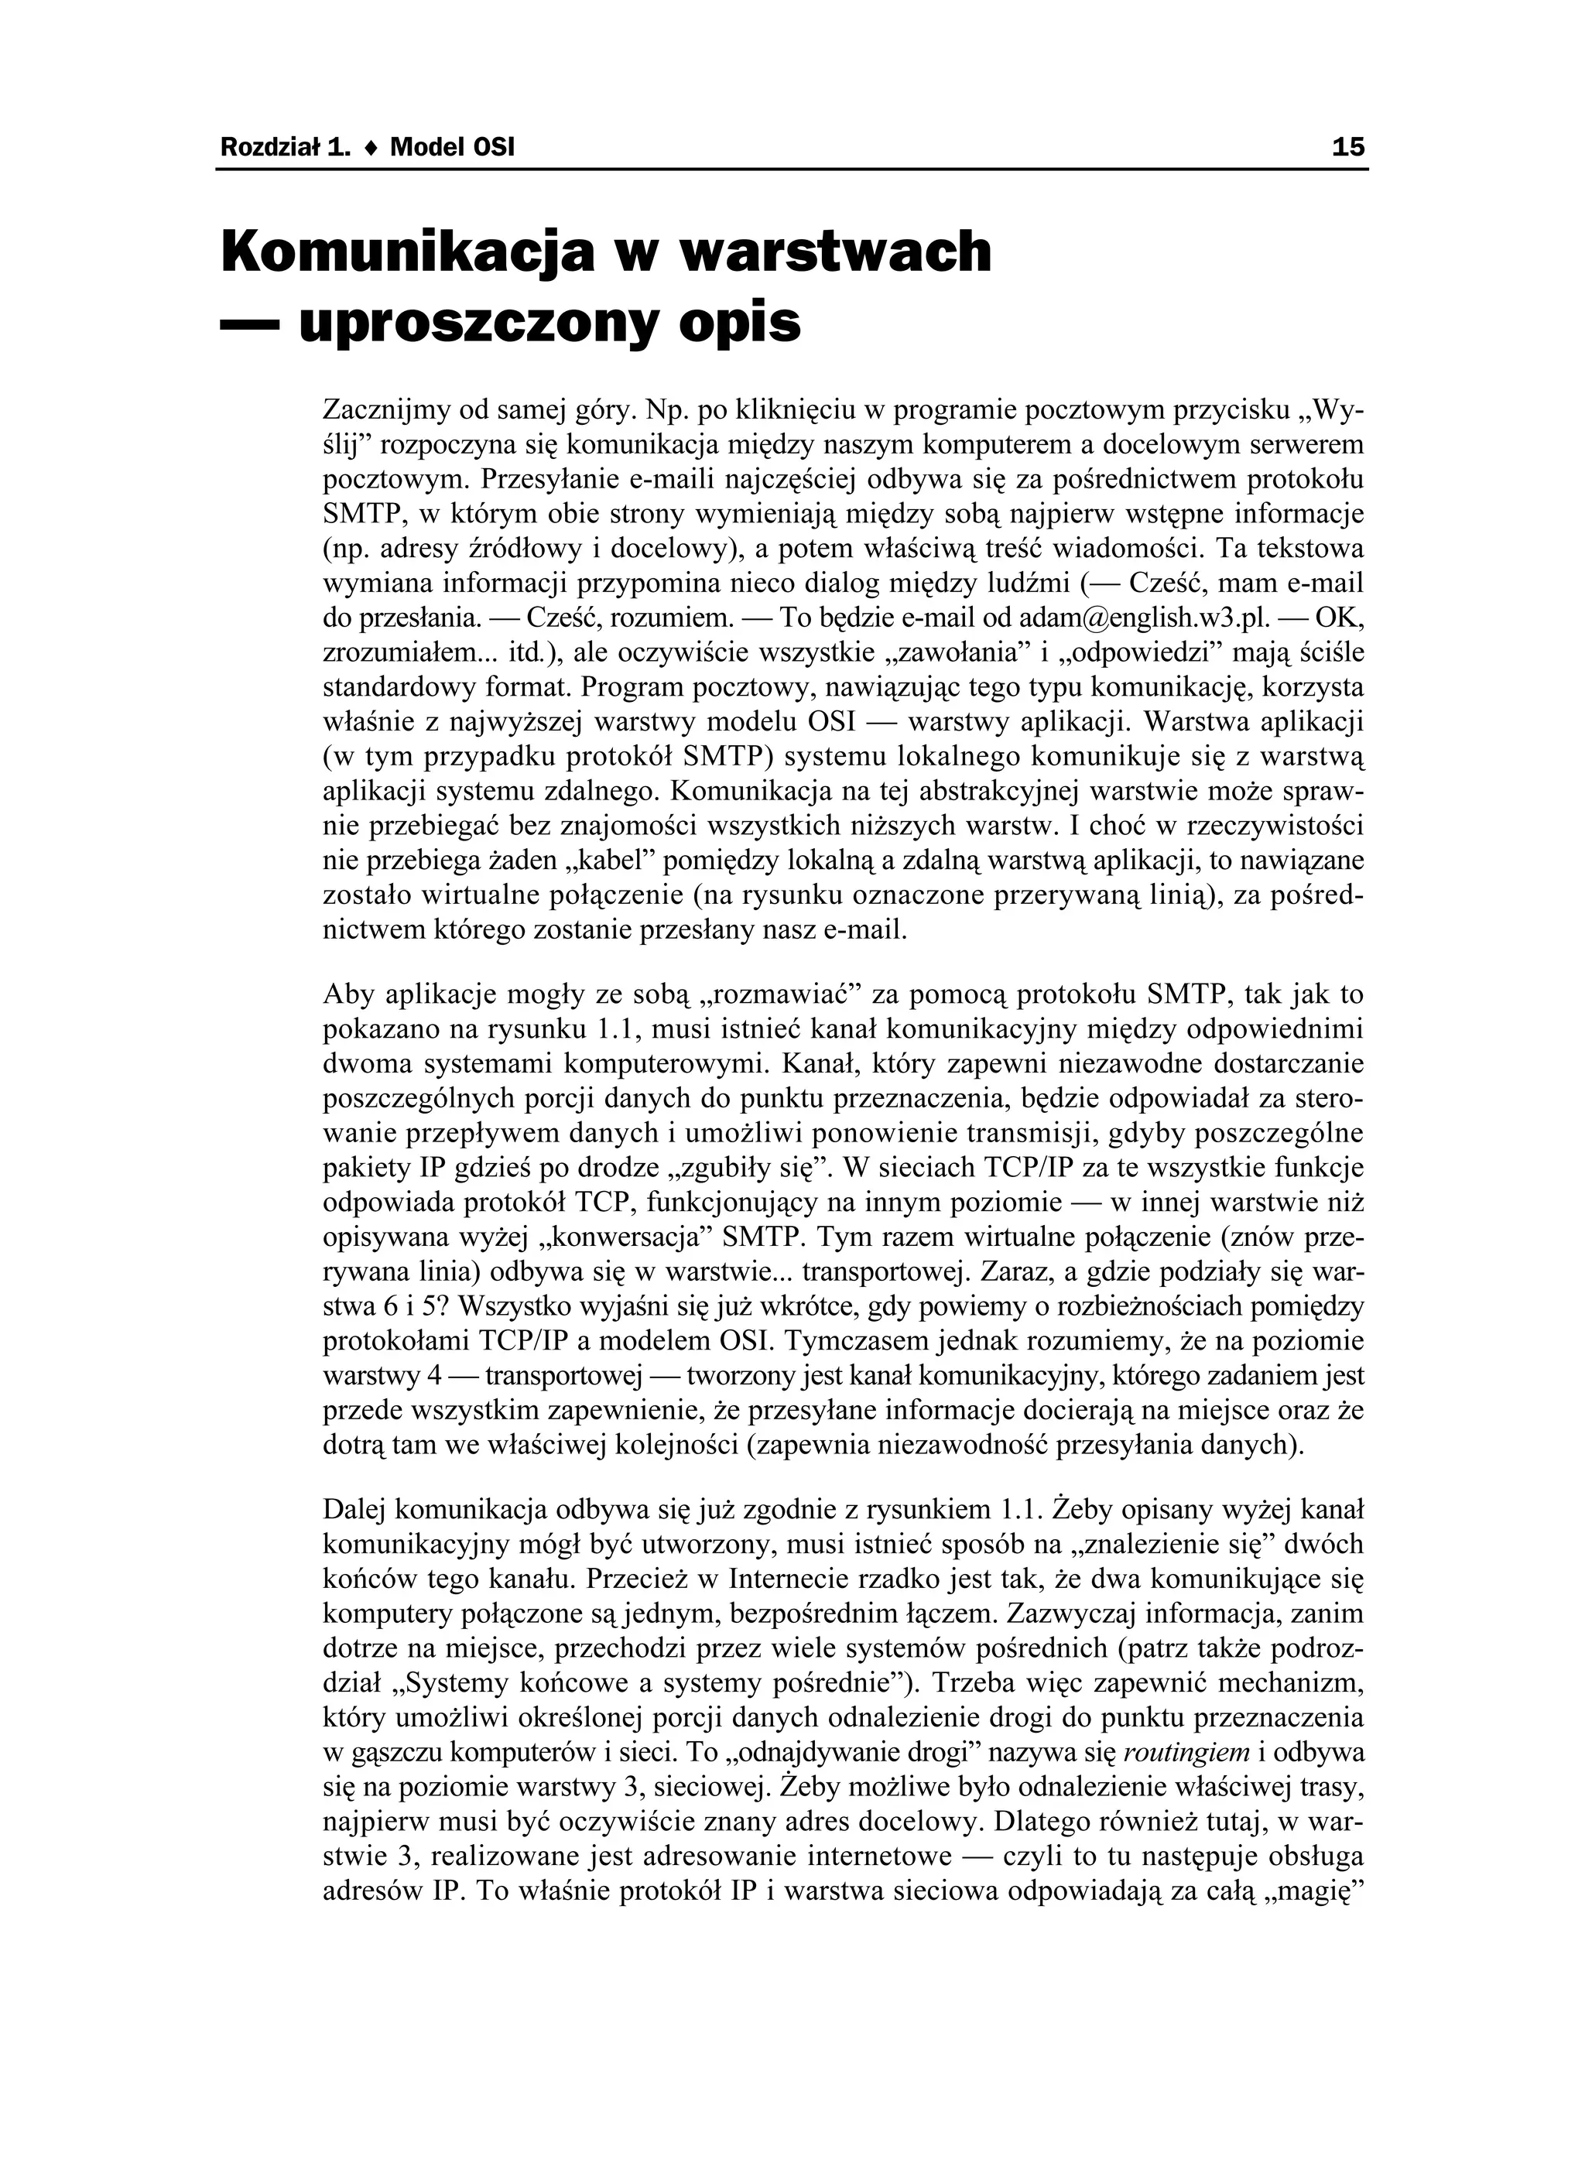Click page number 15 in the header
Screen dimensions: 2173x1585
pyautogui.click(x=1347, y=148)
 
